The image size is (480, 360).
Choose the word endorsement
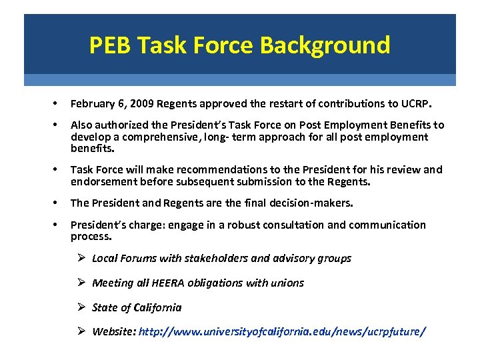pos(102,181)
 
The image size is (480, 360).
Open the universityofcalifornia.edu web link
pos(281,332)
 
